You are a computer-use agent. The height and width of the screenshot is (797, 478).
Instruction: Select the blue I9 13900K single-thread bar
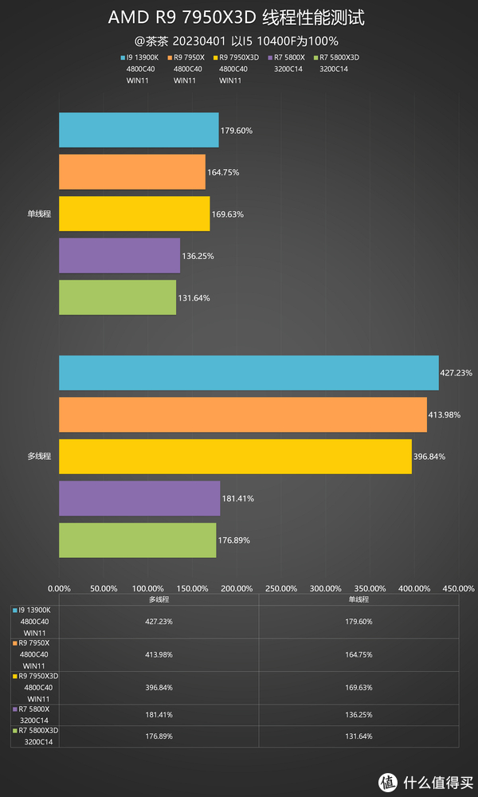click(x=139, y=130)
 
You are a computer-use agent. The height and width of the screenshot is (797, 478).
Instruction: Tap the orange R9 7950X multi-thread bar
click(x=242, y=414)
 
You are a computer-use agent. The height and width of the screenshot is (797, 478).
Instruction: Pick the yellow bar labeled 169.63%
click(x=134, y=214)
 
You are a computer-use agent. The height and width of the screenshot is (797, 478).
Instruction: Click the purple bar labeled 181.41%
click(x=139, y=498)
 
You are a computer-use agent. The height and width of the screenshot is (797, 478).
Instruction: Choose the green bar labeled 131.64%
click(x=117, y=297)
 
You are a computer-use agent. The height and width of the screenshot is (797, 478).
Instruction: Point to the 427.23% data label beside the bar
click(x=456, y=372)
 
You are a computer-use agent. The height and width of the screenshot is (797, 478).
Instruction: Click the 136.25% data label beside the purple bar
click(x=198, y=256)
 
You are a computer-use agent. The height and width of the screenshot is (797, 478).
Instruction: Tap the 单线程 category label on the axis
click(x=38, y=214)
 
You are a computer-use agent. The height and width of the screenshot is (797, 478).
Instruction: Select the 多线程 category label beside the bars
click(x=38, y=456)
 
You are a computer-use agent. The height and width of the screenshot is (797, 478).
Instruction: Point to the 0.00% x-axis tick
click(x=59, y=588)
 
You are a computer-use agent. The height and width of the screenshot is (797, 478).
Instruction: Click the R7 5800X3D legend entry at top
click(x=339, y=57)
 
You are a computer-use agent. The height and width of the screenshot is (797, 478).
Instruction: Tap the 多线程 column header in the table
click(x=159, y=599)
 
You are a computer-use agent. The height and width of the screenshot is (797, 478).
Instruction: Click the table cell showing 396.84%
click(x=159, y=687)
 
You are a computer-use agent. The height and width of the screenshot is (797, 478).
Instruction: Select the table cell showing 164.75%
click(x=358, y=654)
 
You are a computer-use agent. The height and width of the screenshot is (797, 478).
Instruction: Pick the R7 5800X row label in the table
click(x=34, y=709)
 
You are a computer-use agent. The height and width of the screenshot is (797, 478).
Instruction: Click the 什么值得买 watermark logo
click(x=426, y=778)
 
